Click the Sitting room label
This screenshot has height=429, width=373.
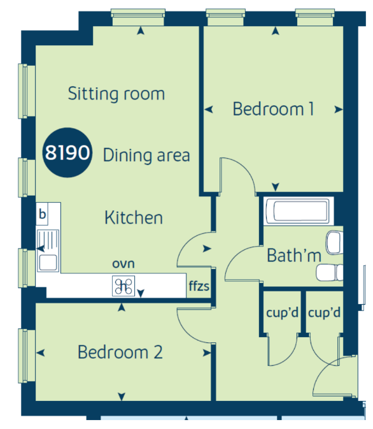[116, 94]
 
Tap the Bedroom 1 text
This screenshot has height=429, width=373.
[273, 109]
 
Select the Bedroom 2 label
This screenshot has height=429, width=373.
[120, 352]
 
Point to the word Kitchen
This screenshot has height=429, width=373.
[134, 218]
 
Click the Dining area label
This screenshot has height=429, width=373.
[146, 156]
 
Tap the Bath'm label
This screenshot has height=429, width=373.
[294, 256]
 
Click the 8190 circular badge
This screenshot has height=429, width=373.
[67, 152]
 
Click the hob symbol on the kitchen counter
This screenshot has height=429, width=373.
[123, 286]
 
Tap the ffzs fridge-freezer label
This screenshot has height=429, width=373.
[199, 286]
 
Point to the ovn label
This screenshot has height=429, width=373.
[123, 264]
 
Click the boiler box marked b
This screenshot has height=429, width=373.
[42, 214]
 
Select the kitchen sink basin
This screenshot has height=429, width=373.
[48, 263]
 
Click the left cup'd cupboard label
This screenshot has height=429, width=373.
[282, 312]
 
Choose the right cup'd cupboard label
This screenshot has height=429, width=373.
[325, 312]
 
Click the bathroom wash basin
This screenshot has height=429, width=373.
[334, 243]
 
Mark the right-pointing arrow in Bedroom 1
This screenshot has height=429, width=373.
[339, 110]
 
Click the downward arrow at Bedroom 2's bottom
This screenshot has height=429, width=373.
[122, 396]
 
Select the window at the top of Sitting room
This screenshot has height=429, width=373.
[138, 17]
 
